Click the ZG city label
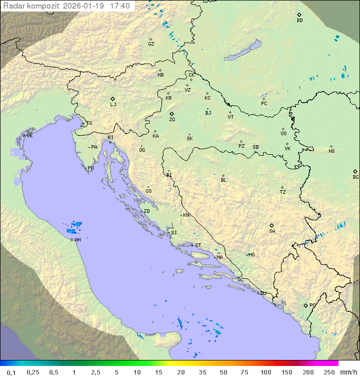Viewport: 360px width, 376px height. coord(172,120)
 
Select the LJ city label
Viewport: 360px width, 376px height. coord(113,105)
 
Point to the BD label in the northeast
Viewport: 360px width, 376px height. coord(299,21)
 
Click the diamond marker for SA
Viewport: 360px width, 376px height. coord(272,225)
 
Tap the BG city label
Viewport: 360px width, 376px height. coord(355,177)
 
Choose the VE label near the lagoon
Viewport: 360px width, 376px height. coord(29,136)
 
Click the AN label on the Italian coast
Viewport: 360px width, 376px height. coord(77,240)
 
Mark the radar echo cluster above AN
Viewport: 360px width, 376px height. coord(75,228)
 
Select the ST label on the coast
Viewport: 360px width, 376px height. coord(198,245)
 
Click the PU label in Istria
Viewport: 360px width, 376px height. coord(90,168)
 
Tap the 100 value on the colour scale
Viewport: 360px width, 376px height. coord(265,372)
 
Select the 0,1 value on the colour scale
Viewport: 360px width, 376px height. coord(11,372)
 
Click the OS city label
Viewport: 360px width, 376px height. coord(283,134)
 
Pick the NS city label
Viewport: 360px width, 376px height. coord(331,151)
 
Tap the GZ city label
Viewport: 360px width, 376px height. coord(151,44)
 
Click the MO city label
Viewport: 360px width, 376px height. coord(251,254)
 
